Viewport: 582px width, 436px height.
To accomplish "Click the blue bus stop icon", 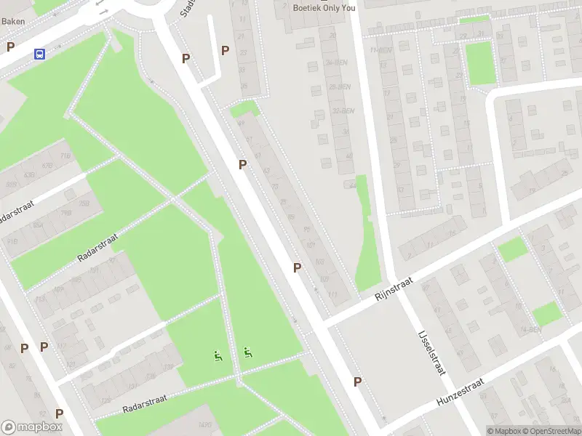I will [x=39, y=54].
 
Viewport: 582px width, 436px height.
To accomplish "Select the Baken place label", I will [x=13, y=21].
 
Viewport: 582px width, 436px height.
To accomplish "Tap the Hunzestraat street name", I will [x=460, y=392].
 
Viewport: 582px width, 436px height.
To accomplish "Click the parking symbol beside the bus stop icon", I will [x=10, y=47].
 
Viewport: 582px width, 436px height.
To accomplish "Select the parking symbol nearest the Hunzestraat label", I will [x=357, y=381].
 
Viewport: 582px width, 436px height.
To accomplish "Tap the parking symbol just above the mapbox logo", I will [x=59, y=413].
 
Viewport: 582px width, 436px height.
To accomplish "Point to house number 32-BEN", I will [x=342, y=110].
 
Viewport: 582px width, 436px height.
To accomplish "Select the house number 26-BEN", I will [x=337, y=86].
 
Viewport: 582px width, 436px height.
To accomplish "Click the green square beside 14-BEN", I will [x=546, y=313].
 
